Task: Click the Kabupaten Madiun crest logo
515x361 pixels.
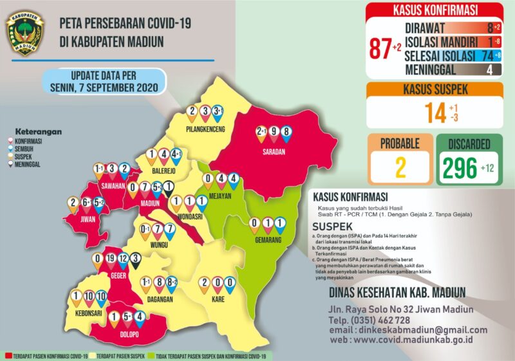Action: point(25,33)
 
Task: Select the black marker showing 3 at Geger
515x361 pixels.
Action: point(135,261)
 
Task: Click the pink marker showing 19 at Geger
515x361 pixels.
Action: point(109,261)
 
